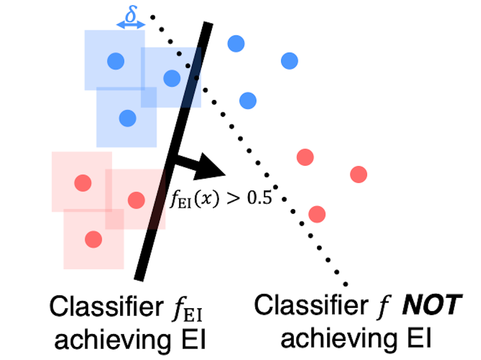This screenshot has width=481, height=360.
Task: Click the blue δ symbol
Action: (x=130, y=14)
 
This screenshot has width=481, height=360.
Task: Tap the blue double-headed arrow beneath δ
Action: (x=130, y=25)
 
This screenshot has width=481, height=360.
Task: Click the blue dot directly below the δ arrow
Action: (x=115, y=61)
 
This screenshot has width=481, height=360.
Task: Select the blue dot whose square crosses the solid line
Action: (x=172, y=78)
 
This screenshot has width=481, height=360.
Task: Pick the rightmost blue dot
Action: (x=289, y=61)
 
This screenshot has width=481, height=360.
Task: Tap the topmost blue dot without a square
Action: (x=236, y=44)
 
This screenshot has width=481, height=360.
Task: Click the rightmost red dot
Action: (x=358, y=174)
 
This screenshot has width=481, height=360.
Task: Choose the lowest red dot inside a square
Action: (x=93, y=238)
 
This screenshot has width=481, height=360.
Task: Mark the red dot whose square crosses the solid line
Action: (x=137, y=198)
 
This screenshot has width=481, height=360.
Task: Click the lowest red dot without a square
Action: (x=317, y=214)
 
